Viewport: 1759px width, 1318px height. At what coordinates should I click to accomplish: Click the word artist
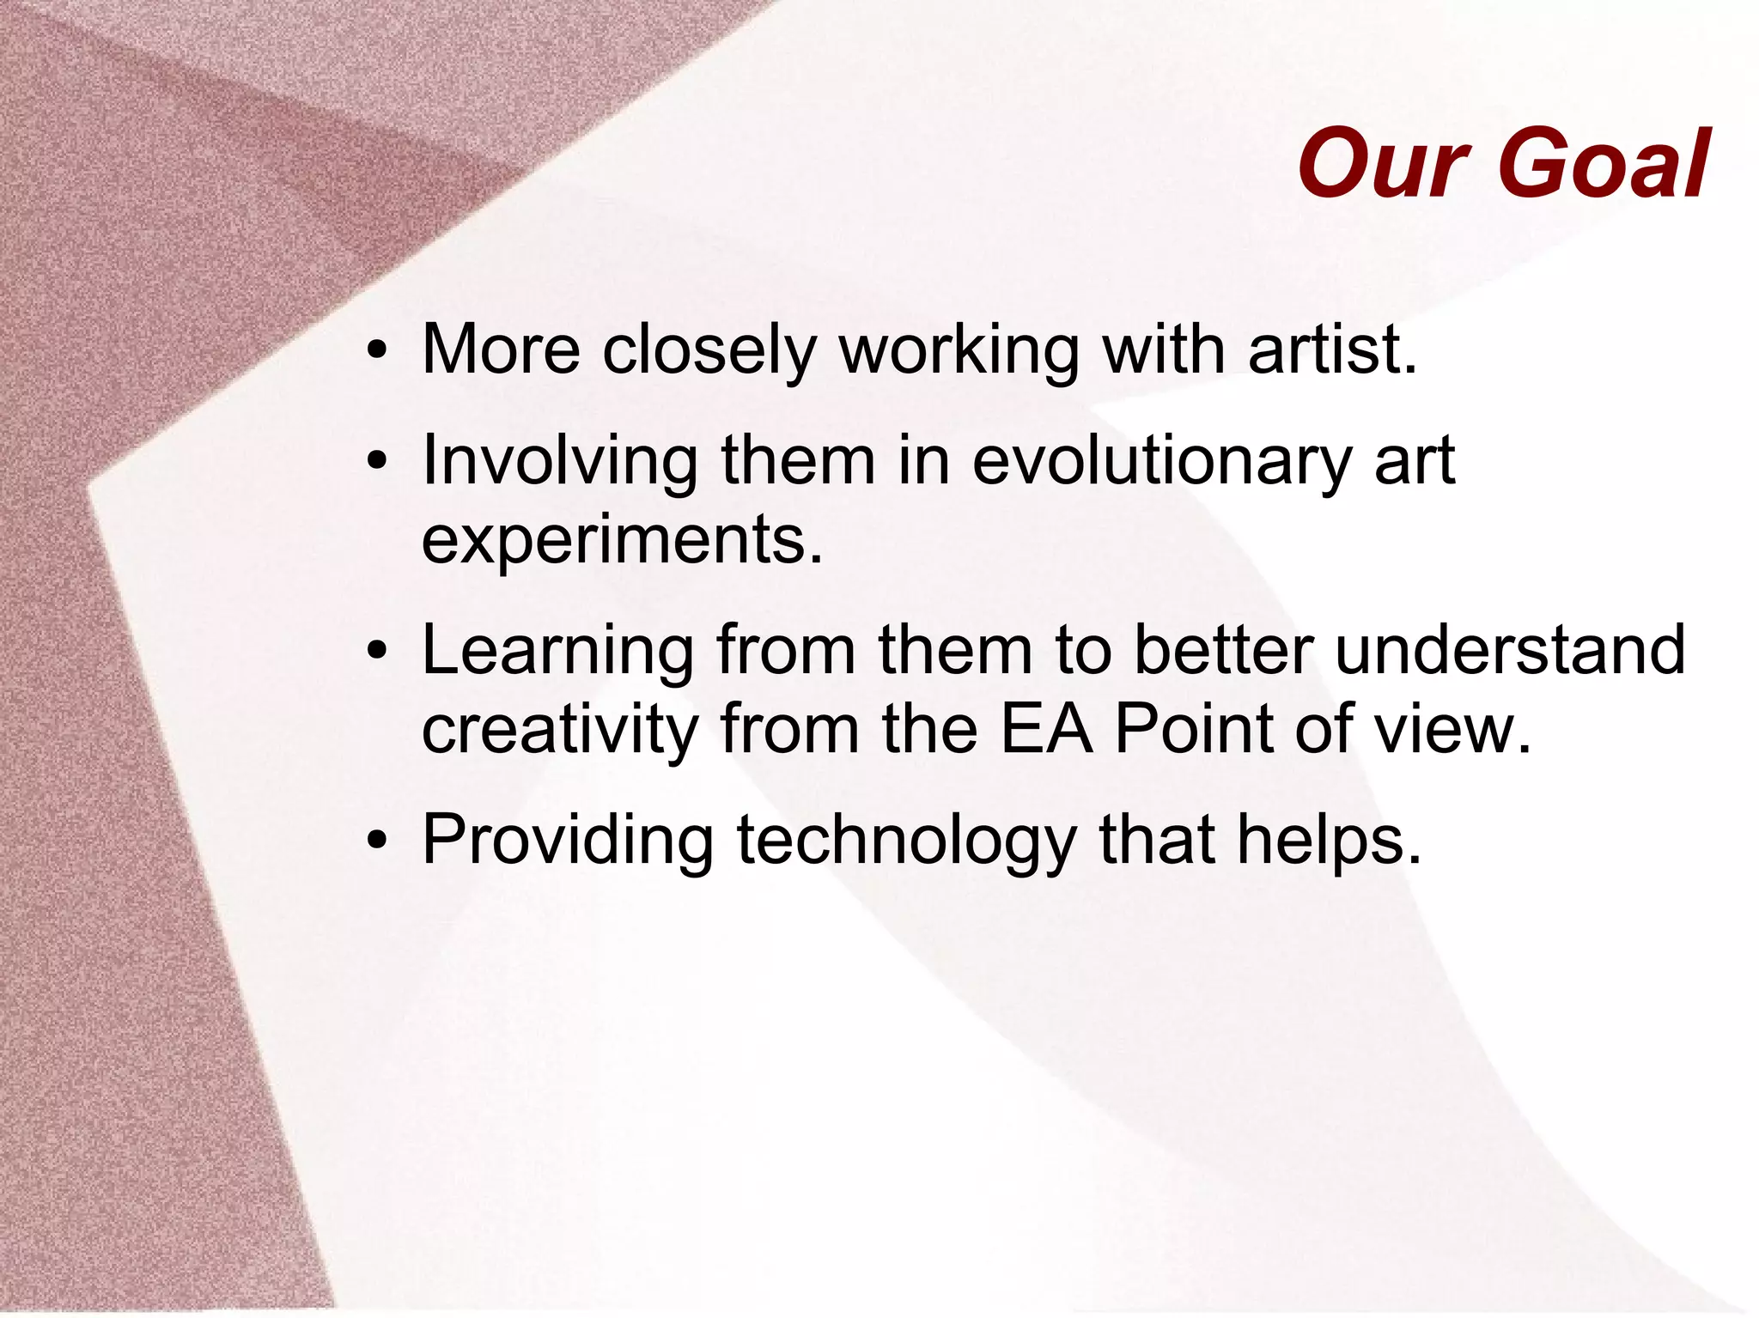pyautogui.click(x=1331, y=349)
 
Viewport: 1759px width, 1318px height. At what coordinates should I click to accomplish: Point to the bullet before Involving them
pyautogui.click(x=376, y=462)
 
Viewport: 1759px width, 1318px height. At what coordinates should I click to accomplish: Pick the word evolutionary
pyautogui.click(x=1161, y=462)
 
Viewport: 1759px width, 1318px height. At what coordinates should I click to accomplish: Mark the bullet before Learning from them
pyautogui.click(x=376, y=652)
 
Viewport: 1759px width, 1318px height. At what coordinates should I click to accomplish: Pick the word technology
pyautogui.click(x=906, y=841)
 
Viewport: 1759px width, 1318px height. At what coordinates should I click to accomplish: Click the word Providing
pyautogui.click(x=568, y=841)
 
